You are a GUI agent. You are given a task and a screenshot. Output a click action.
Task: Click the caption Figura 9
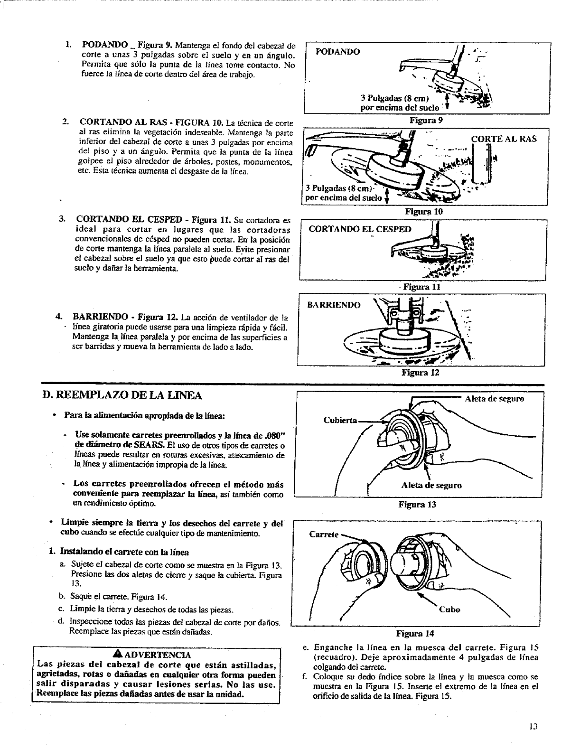pyautogui.click(x=426, y=121)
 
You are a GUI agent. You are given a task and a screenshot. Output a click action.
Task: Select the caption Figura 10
pyautogui.click(x=424, y=212)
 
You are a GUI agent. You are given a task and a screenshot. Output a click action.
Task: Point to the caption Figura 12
pyautogui.click(x=421, y=373)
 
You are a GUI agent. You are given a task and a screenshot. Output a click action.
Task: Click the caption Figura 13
pyautogui.click(x=417, y=504)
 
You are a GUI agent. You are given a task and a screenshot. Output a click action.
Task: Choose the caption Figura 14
pyautogui.click(x=415, y=633)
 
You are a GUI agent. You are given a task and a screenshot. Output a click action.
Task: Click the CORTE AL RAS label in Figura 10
pyautogui.click(x=504, y=139)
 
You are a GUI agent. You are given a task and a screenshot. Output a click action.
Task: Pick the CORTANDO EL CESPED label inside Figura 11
pyautogui.click(x=360, y=229)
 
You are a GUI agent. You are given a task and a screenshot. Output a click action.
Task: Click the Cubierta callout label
pyautogui.click(x=339, y=420)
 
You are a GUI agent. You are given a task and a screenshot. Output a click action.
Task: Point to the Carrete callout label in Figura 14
pyautogui.click(x=323, y=534)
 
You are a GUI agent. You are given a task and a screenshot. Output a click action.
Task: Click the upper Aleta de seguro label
pyautogui.click(x=494, y=399)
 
